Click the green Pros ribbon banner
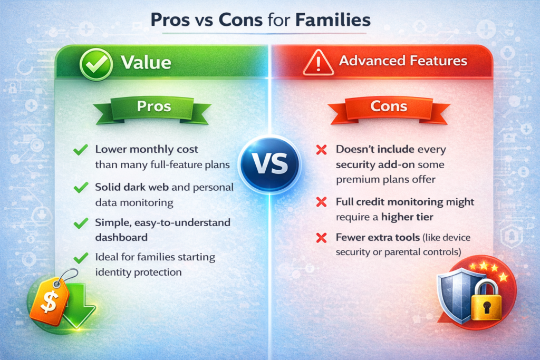(153, 107)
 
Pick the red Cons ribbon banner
(389, 107)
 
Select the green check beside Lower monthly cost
(81, 151)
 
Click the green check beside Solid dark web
(81, 188)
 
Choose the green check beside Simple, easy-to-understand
(81, 223)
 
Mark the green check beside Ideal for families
(81, 258)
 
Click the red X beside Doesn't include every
(320, 151)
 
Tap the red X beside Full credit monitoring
(320, 202)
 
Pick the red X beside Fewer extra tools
(320, 238)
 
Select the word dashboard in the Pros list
(121, 237)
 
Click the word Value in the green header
(146, 63)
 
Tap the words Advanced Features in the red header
(403, 61)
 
